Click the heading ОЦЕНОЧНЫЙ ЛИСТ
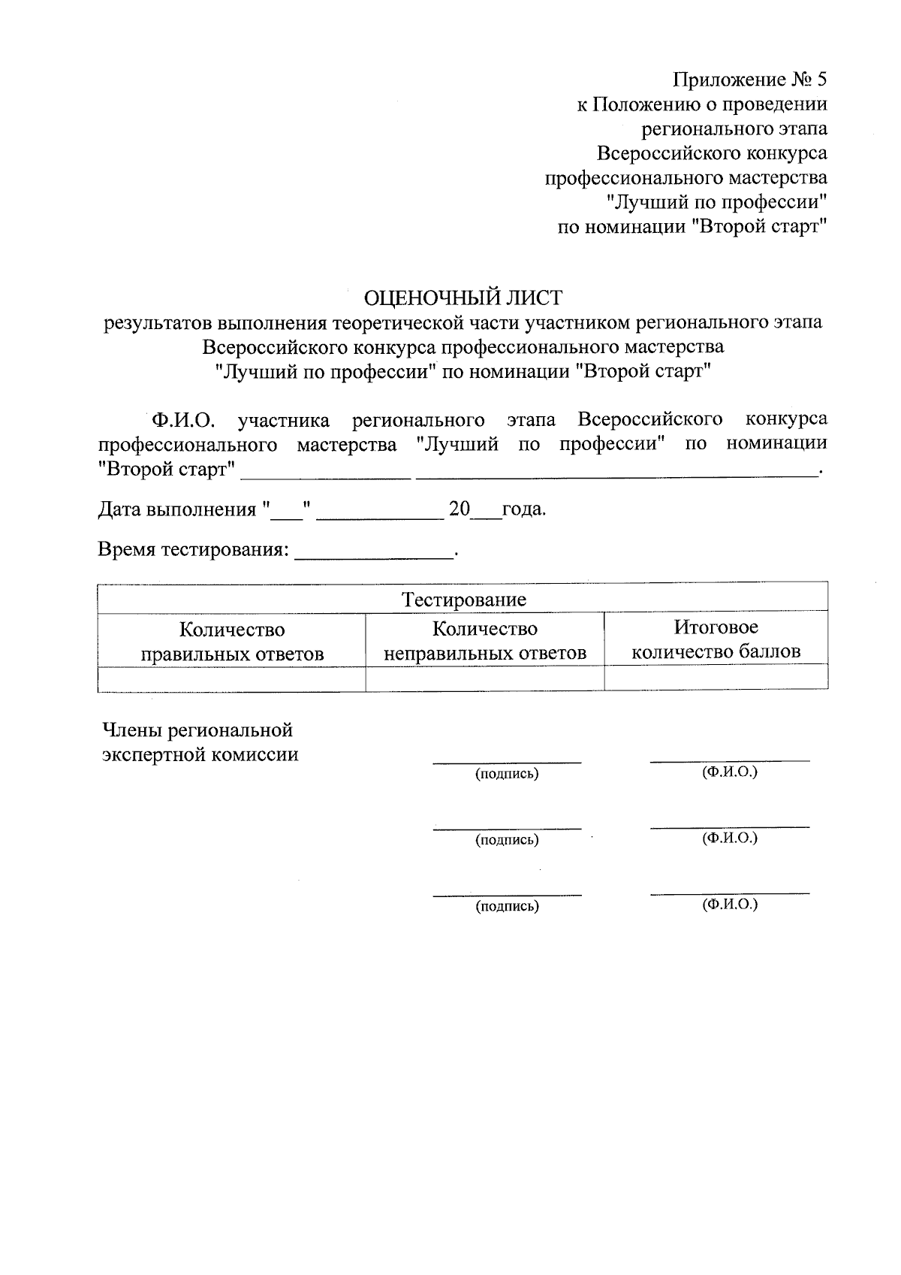pos(463,298)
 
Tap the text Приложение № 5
pos(750,80)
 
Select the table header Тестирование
pos(463,600)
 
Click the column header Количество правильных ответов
pos(232,641)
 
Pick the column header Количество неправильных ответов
pos(484,640)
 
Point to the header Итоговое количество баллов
pos(716,639)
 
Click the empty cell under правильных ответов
pos(232,678)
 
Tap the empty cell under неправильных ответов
pos(484,678)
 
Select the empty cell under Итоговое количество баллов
pos(716,678)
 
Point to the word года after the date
pos(523,509)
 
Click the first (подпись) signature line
pos(507,762)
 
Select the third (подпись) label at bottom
pos(507,906)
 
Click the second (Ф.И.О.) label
pos(729,838)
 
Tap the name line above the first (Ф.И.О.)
pos(729,760)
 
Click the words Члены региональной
pos(197,730)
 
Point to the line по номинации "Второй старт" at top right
pos(692,227)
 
